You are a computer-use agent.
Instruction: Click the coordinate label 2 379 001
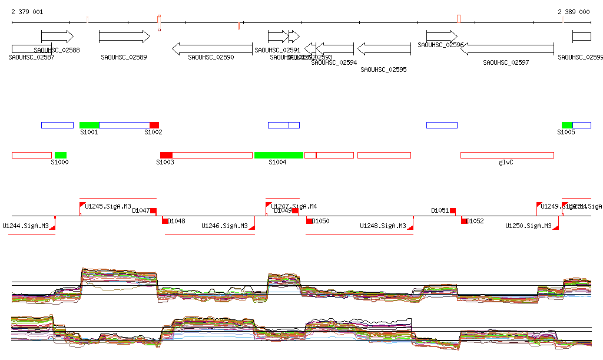tap(27, 12)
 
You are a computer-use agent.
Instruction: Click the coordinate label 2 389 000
tap(574, 12)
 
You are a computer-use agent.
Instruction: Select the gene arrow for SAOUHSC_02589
tap(124, 37)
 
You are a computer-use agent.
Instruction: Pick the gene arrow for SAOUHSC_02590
tap(212, 48)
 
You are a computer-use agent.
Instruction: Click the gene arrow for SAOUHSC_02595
tap(384, 48)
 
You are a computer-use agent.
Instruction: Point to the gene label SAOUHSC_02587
tap(32, 58)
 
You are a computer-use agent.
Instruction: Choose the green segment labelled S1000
tap(61, 155)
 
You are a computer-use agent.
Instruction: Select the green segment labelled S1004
tap(279, 155)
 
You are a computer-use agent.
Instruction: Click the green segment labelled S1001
tap(89, 125)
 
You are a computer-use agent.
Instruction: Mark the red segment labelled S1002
tap(154, 125)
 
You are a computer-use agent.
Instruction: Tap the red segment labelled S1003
tap(166, 155)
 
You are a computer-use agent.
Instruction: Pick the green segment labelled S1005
tap(566, 125)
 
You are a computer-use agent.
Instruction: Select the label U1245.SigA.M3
tap(108, 206)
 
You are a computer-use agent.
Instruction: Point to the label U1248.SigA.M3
tap(383, 226)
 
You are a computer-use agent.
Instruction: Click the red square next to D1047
tap(154, 210)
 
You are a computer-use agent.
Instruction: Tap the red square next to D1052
tap(464, 221)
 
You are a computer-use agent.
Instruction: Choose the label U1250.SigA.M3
tap(528, 226)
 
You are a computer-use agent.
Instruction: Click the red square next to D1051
tap(453, 210)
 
